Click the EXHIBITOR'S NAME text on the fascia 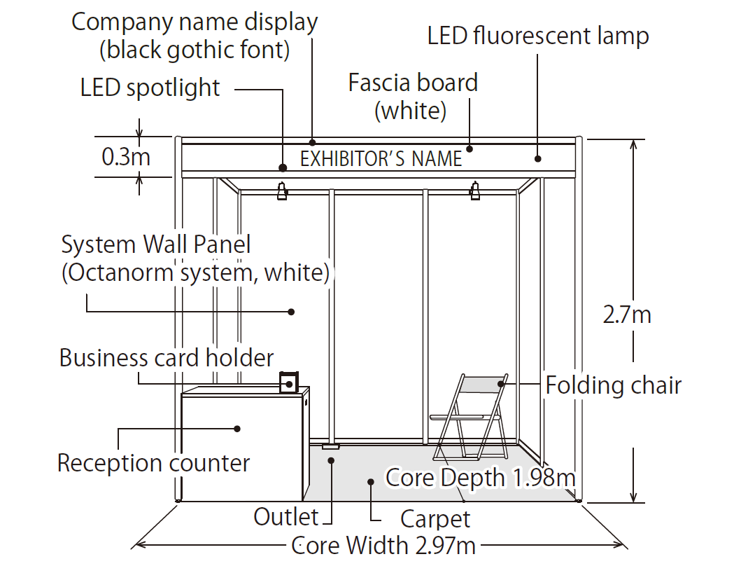[x=381, y=159]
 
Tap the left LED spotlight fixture [x=282, y=191]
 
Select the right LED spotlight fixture [x=476, y=191]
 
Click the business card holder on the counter [x=288, y=382]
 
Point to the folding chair [x=470, y=417]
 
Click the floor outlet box [x=330, y=446]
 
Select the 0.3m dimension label [x=126, y=156]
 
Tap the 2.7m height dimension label [x=627, y=315]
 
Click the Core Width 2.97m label [x=383, y=545]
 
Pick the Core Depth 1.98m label [x=481, y=478]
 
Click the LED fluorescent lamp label [x=538, y=36]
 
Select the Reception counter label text [x=153, y=463]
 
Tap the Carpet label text [x=435, y=519]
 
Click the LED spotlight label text [x=150, y=88]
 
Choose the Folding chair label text [x=613, y=385]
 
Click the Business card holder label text [x=166, y=358]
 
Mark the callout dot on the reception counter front [x=238, y=427]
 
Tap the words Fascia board [x=413, y=83]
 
